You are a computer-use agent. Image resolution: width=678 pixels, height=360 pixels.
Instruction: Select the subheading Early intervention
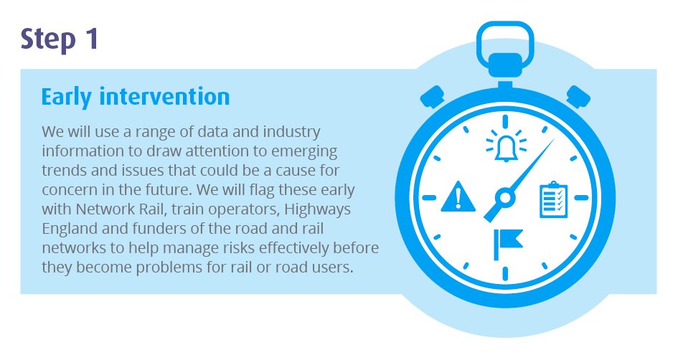tap(136, 96)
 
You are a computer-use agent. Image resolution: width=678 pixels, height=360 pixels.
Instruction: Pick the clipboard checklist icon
tap(553, 200)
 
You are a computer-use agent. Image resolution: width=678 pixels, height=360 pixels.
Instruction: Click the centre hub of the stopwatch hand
tap(504, 196)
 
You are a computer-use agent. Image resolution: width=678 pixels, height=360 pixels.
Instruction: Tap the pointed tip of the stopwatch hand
tap(552, 141)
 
